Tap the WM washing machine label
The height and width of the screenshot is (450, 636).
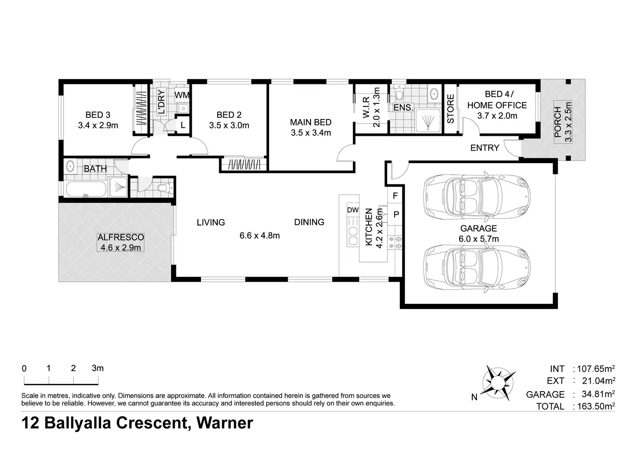click(182, 95)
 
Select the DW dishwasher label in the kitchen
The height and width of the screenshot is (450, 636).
click(353, 210)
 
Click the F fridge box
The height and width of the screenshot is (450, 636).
click(395, 196)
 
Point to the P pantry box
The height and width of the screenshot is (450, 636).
click(396, 214)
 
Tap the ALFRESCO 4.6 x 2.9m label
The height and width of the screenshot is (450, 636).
click(121, 242)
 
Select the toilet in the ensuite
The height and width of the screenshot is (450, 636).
click(399, 93)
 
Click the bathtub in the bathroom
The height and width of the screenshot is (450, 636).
click(86, 189)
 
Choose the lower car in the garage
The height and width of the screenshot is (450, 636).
click(477, 267)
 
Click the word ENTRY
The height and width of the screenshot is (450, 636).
click(485, 148)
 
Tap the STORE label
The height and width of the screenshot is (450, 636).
click(451, 109)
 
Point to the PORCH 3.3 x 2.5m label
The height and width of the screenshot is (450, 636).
click(563, 122)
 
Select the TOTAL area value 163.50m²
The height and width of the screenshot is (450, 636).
click(596, 406)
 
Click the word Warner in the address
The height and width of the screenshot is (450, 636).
click(225, 423)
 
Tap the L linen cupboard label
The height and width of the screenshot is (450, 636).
click(183, 125)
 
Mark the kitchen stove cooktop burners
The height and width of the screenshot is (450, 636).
click(395, 242)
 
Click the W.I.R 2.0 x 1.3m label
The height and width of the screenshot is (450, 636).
click(371, 107)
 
